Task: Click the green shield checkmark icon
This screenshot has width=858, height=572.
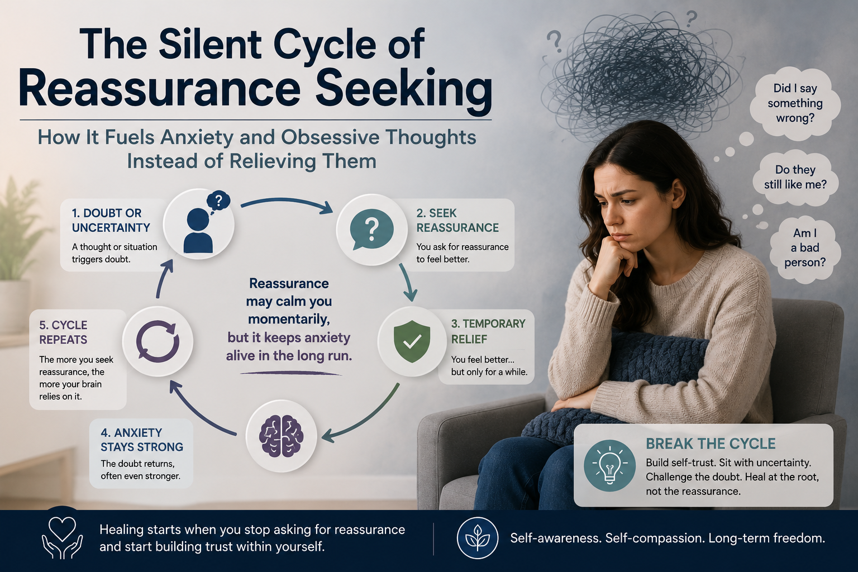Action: coord(412,341)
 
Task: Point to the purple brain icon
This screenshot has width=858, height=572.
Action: coord(281,436)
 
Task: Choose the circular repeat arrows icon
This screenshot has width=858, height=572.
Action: coord(158,341)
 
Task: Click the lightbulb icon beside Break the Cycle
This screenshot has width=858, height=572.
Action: coord(609,465)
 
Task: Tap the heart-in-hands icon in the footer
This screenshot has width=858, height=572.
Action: coord(62,537)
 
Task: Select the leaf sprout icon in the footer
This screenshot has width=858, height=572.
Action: coord(478,537)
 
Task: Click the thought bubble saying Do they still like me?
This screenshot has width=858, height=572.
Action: coord(795,177)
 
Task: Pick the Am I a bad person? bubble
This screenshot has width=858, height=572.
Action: coord(804,247)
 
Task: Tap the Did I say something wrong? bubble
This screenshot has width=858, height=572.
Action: coord(795,103)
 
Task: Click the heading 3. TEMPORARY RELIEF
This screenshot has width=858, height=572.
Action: coord(488,331)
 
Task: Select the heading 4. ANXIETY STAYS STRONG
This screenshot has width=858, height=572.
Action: coord(142,440)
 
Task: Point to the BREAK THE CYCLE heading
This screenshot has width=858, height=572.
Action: coord(711,444)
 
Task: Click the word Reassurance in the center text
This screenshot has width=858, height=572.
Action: coord(289,284)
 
